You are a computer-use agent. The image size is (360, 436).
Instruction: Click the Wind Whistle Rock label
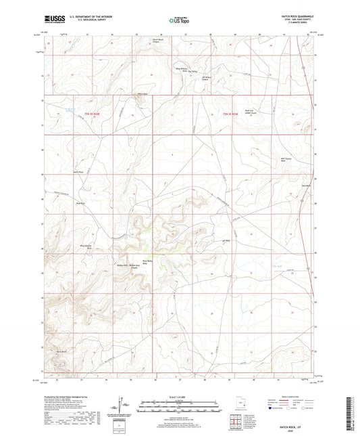(x=86, y=246)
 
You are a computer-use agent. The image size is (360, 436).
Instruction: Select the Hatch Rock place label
(x=142, y=93)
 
